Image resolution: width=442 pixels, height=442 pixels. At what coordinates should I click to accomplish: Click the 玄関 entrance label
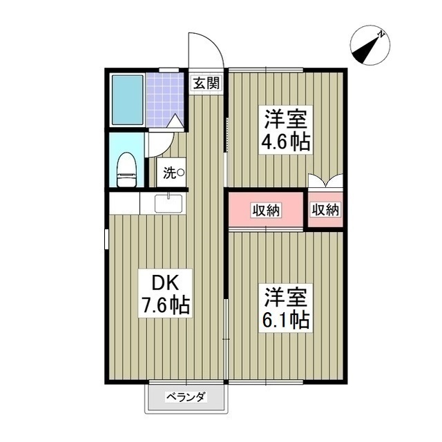[x=206, y=84]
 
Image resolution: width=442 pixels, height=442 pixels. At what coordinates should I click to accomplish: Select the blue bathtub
[x=127, y=99]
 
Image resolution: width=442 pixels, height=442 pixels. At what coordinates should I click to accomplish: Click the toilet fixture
[x=126, y=169]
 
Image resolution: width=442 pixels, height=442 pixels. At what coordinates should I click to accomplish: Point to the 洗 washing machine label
[x=173, y=173]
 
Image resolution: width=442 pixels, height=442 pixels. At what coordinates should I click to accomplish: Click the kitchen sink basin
[x=168, y=203]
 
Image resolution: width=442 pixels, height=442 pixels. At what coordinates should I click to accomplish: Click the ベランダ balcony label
[x=186, y=397]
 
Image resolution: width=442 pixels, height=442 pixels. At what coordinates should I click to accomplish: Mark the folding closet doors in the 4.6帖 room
[x=325, y=182]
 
